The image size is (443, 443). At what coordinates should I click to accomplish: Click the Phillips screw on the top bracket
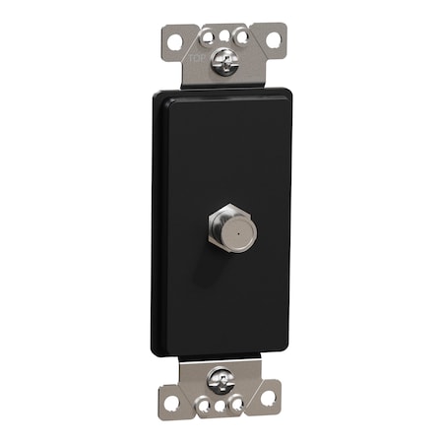[x=222, y=65]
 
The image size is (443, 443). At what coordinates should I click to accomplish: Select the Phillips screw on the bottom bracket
[x=221, y=379]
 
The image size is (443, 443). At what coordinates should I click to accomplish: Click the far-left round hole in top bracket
[x=174, y=43]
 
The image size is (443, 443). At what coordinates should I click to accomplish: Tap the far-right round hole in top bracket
[x=273, y=41]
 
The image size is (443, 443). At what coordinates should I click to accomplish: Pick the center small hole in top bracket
[x=223, y=35]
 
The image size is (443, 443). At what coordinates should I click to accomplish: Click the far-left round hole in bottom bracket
[x=171, y=403]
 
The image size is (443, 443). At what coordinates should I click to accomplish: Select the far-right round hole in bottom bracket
[x=268, y=397]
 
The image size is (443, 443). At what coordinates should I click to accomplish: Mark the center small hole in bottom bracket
[x=221, y=406]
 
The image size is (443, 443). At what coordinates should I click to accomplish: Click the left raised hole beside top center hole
[x=209, y=37]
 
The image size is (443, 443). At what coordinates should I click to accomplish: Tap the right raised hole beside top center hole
[x=238, y=35]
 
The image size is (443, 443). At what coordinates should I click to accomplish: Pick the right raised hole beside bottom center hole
[x=235, y=403]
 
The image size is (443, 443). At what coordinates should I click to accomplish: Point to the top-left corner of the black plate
[x=158, y=96]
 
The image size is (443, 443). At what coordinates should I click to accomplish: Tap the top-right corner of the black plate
[x=288, y=94]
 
